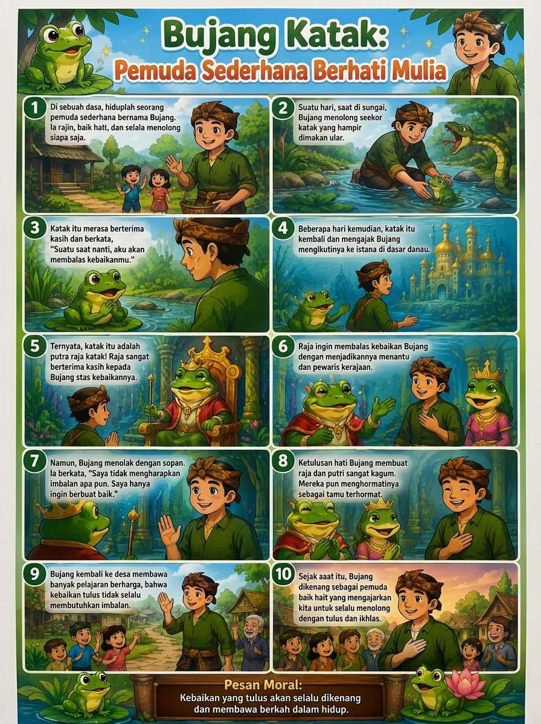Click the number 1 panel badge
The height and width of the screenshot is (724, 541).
[35, 108]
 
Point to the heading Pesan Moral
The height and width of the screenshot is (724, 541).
[263, 684]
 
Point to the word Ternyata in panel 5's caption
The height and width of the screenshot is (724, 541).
[66, 346]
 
